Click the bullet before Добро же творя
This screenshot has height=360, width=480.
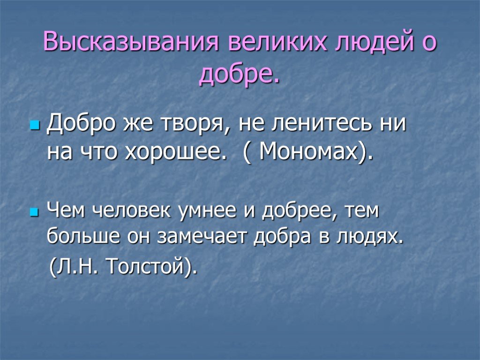pos(35,126)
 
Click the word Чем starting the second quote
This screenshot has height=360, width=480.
pos(66,211)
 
